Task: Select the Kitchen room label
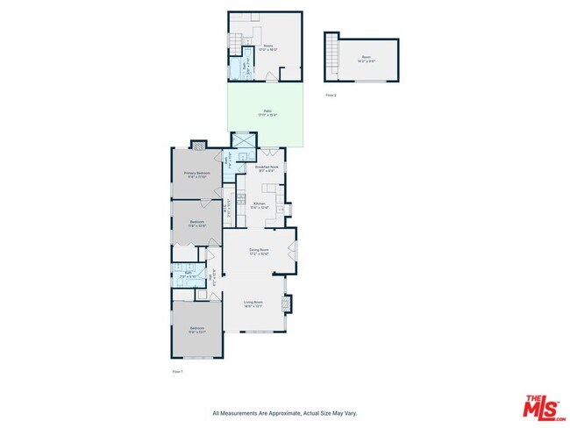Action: coord(260,205)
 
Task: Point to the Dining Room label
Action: coord(258,252)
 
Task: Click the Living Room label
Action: coord(253,303)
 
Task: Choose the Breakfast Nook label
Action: coord(266,168)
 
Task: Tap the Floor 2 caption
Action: coord(331,95)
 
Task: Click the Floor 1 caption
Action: coord(177,372)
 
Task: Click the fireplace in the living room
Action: coord(287,303)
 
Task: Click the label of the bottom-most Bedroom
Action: coord(196,331)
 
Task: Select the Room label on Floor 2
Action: coord(366,60)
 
